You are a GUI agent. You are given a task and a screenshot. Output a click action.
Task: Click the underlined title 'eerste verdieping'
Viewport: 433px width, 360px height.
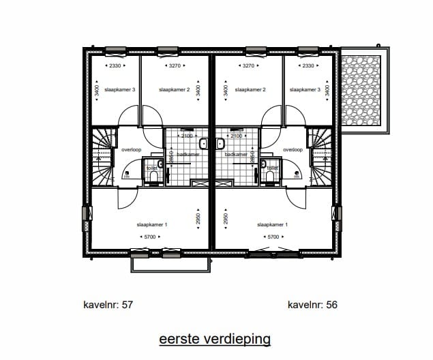215,339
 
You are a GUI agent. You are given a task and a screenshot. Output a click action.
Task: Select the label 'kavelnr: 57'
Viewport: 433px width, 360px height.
108,305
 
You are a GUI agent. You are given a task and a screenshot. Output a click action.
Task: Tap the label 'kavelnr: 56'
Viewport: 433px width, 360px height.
312,305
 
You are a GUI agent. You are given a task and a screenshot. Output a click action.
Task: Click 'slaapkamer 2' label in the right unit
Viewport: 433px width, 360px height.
249,89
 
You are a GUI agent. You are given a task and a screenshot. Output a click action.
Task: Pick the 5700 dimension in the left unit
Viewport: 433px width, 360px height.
150,237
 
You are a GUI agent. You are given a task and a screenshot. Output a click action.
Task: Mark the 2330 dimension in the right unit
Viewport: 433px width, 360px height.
308,66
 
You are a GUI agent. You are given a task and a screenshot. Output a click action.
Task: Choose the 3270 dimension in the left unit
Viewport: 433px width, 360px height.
178,66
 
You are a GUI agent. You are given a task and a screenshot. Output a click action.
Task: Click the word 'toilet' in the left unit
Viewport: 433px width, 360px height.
151,168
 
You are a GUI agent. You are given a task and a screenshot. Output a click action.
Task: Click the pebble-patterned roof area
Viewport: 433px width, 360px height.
361,92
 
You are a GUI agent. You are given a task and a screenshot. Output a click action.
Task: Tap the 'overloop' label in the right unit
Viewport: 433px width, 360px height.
293,149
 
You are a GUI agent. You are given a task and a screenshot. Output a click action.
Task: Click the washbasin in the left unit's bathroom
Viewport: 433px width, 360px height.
203,144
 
